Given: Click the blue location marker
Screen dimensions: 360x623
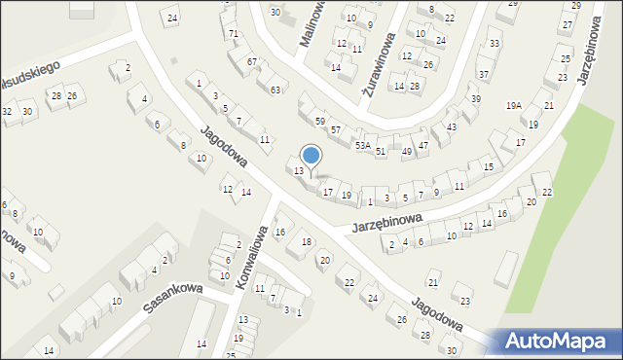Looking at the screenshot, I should tap(311, 155).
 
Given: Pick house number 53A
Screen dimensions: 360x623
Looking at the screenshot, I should tap(362, 145).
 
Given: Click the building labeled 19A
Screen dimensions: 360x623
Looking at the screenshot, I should tap(514, 106).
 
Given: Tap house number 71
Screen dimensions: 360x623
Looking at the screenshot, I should tap(233, 34).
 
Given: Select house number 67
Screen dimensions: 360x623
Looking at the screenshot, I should tap(251, 61).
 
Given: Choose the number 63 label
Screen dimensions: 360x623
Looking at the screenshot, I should tap(275, 90).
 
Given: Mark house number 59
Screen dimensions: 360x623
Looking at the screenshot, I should tap(319, 121).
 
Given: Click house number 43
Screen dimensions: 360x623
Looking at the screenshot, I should tap(451, 127).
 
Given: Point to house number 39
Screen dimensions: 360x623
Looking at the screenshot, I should tap(475, 99).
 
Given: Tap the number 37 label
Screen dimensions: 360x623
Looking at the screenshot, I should tap(483, 75).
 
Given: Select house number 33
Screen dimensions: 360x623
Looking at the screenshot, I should tap(495, 44).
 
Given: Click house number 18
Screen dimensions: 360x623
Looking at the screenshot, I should tap(306, 241).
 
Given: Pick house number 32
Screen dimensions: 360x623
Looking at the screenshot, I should tap(7, 112).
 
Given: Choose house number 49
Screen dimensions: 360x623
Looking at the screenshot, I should tap(406, 151).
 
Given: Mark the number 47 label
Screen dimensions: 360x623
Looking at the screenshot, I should tap(422, 145).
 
